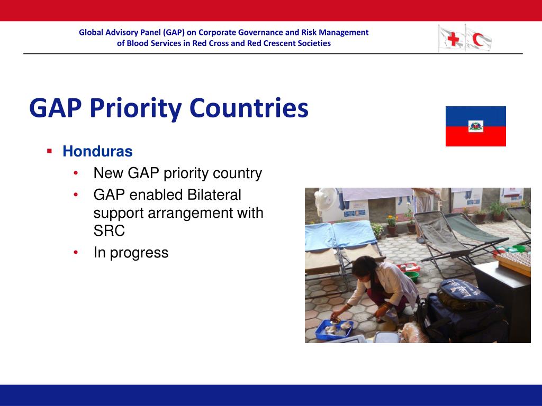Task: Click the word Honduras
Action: point(97,151)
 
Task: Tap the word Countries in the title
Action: point(249,108)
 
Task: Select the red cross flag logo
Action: point(451,39)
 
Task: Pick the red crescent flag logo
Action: point(478,39)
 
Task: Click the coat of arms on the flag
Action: point(476,126)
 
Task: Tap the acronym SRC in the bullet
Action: point(109,231)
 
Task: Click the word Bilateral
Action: point(214,195)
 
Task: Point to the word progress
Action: point(139,253)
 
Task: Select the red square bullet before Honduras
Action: point(50,151)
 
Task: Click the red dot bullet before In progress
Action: point(76,252)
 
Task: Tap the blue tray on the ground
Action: point(335,330)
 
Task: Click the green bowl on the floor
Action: point(411,276)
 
